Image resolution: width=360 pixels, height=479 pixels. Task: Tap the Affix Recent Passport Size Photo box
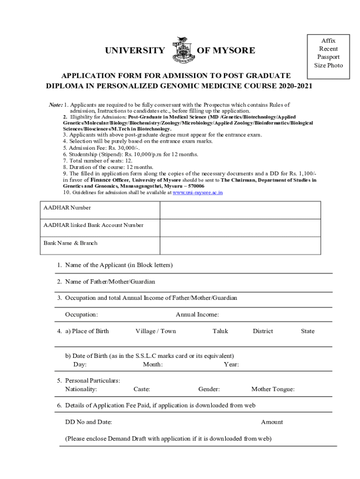point(328,53)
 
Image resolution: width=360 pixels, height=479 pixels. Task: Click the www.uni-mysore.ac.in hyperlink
point(198,192)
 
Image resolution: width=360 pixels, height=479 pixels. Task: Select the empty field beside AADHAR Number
point(240,210)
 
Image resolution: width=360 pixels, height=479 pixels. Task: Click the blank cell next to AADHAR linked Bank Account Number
point(240,228)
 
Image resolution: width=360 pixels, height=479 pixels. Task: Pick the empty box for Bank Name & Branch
point(240,246)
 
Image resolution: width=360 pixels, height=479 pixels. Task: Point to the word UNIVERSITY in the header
point(135,51)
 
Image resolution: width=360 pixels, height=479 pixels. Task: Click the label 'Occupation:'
point(81,314)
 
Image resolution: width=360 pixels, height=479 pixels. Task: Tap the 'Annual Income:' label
point(197,314)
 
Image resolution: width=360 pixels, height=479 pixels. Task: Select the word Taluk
point(220,331)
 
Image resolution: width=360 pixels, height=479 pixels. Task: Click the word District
point(263,331)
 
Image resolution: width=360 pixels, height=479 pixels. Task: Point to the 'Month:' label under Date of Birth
point(153,364)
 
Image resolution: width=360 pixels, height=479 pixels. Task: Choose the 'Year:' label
point(231,364)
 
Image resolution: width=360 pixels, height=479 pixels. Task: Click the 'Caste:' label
point(142,389)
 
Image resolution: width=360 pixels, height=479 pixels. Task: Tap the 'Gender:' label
point(209,389)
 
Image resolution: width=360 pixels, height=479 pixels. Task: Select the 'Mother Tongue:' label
point(273,389)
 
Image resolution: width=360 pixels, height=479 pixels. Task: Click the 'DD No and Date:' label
point(88,422)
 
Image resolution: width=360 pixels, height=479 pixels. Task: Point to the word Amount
point(272,422)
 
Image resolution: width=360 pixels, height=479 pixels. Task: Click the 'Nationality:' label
point(81,389)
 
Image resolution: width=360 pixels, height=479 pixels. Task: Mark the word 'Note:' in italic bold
point(56,105)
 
